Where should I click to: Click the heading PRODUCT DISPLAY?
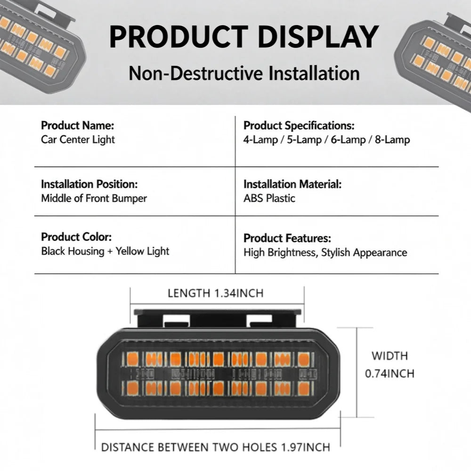tap(244, 37)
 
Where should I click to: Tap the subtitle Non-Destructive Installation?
tap(244, 73)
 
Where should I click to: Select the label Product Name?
tap(78, 125)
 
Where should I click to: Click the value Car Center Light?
tap(78, 139)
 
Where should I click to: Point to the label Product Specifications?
tap(299, 126)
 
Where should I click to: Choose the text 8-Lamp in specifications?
tap(392, 140)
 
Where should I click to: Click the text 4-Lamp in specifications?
tap(260, 140)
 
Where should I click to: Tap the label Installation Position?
tap(89, 184)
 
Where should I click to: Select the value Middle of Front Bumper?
tap(94, 198)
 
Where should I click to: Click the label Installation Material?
tap(292, 184)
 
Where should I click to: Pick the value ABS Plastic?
tap(269, 198)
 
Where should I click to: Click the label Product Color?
tap(76, 237)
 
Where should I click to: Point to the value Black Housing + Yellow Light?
tap(105, 251)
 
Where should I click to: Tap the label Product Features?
tap(287, 238)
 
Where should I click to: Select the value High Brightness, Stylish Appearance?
tap(325, 252)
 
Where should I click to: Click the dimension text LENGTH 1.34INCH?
tap(216, 293)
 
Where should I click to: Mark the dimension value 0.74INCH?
tap(390, 374)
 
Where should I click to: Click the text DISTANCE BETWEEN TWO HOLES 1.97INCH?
tap(216, 447)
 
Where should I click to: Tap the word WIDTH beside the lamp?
tap(390, 356)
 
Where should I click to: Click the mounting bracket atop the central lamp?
tap(217, 319)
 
